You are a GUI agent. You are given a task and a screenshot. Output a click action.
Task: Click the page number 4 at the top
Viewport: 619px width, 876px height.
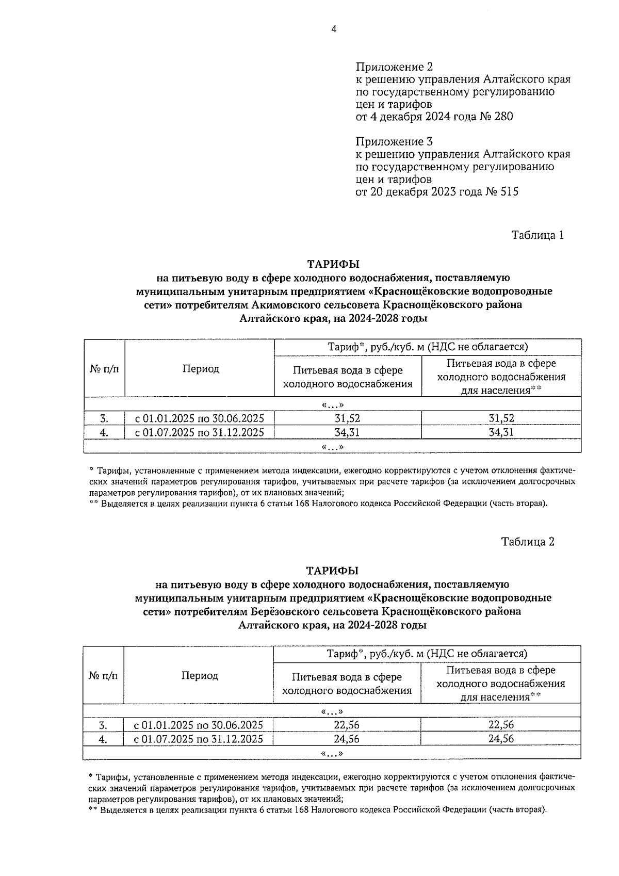[x=334, y=29]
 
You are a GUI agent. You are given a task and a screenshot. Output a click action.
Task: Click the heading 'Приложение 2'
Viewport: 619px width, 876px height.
[x=394, y=67]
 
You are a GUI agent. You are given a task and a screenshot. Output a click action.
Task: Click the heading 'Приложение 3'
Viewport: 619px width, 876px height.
[x=394, y=141]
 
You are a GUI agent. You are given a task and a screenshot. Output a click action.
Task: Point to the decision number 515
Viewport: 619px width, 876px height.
[x=508, y=192]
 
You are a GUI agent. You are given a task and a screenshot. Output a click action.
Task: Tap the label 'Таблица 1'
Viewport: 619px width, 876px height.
[x=537, y=235]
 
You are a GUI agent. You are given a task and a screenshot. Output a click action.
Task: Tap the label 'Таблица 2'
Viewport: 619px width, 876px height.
[x=528, y=542]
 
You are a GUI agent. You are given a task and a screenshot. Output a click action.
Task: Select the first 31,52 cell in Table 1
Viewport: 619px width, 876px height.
[x=348, y=418]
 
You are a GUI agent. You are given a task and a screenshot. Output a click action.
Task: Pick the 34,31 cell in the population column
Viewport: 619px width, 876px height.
[x=501, y=432]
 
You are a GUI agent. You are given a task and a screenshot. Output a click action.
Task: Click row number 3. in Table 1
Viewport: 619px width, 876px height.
[x=104, y=418]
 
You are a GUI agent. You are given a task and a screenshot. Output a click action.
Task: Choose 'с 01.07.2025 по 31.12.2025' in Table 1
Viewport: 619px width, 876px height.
[x=200, y=432]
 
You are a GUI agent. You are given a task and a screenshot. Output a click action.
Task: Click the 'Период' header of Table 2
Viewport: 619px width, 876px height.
[x=199, y=675]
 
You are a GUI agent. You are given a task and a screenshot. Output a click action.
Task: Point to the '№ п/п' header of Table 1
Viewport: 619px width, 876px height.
[x=104, y=368]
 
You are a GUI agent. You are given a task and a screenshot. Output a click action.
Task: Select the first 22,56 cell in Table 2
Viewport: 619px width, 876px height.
[x=347, y=725]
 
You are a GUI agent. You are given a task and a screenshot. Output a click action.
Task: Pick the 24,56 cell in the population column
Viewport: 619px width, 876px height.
[x=501, y=739]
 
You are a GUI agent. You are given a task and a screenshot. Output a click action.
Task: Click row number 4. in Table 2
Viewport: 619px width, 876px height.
[x=103, y=739]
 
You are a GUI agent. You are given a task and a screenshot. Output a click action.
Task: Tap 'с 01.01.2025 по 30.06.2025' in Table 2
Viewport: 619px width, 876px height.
[x=199, y=725]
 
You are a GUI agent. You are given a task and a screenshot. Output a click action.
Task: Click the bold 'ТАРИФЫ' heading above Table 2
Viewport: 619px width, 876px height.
[x=332, y=571]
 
